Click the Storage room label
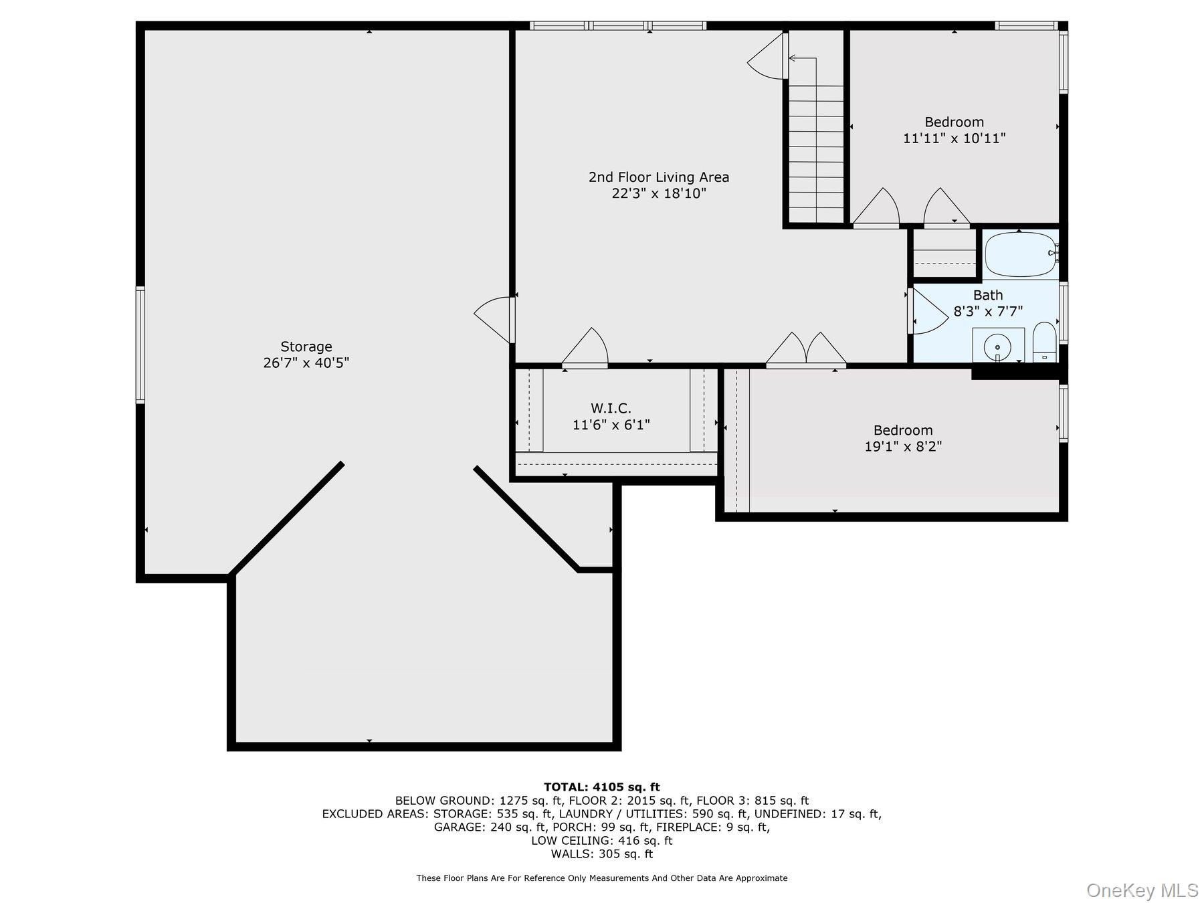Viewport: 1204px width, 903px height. [x=306, y=346]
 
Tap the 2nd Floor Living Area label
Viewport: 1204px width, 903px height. [x=659, y=177]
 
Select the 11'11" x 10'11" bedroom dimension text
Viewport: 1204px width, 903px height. [x=955, y=138]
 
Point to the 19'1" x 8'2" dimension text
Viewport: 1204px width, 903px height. [x=903, y=446]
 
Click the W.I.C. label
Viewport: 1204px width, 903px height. [x=611, y=408]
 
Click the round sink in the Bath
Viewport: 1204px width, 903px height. [x=997, y=346]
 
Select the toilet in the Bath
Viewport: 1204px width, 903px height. [x=1044, y=342]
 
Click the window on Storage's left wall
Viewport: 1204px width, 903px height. [x=140, y=345]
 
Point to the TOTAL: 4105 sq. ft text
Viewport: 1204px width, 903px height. [x=602, y=787]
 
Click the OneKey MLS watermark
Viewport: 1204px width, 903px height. [x=1142, y=890]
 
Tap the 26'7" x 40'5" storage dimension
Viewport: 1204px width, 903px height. [x=306, y=363]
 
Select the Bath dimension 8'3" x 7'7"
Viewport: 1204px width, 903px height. [x=988, y=311]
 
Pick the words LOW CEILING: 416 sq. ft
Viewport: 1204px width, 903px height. [x=602, y=841]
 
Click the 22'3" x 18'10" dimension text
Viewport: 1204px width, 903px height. [x=659, y=194]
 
